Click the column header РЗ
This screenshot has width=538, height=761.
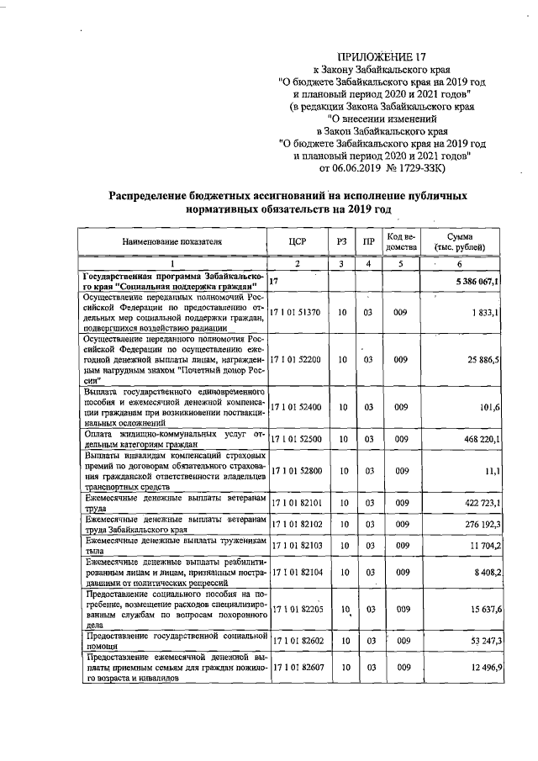[x=341, y=242]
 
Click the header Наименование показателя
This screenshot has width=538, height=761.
[x=171, y=242]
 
